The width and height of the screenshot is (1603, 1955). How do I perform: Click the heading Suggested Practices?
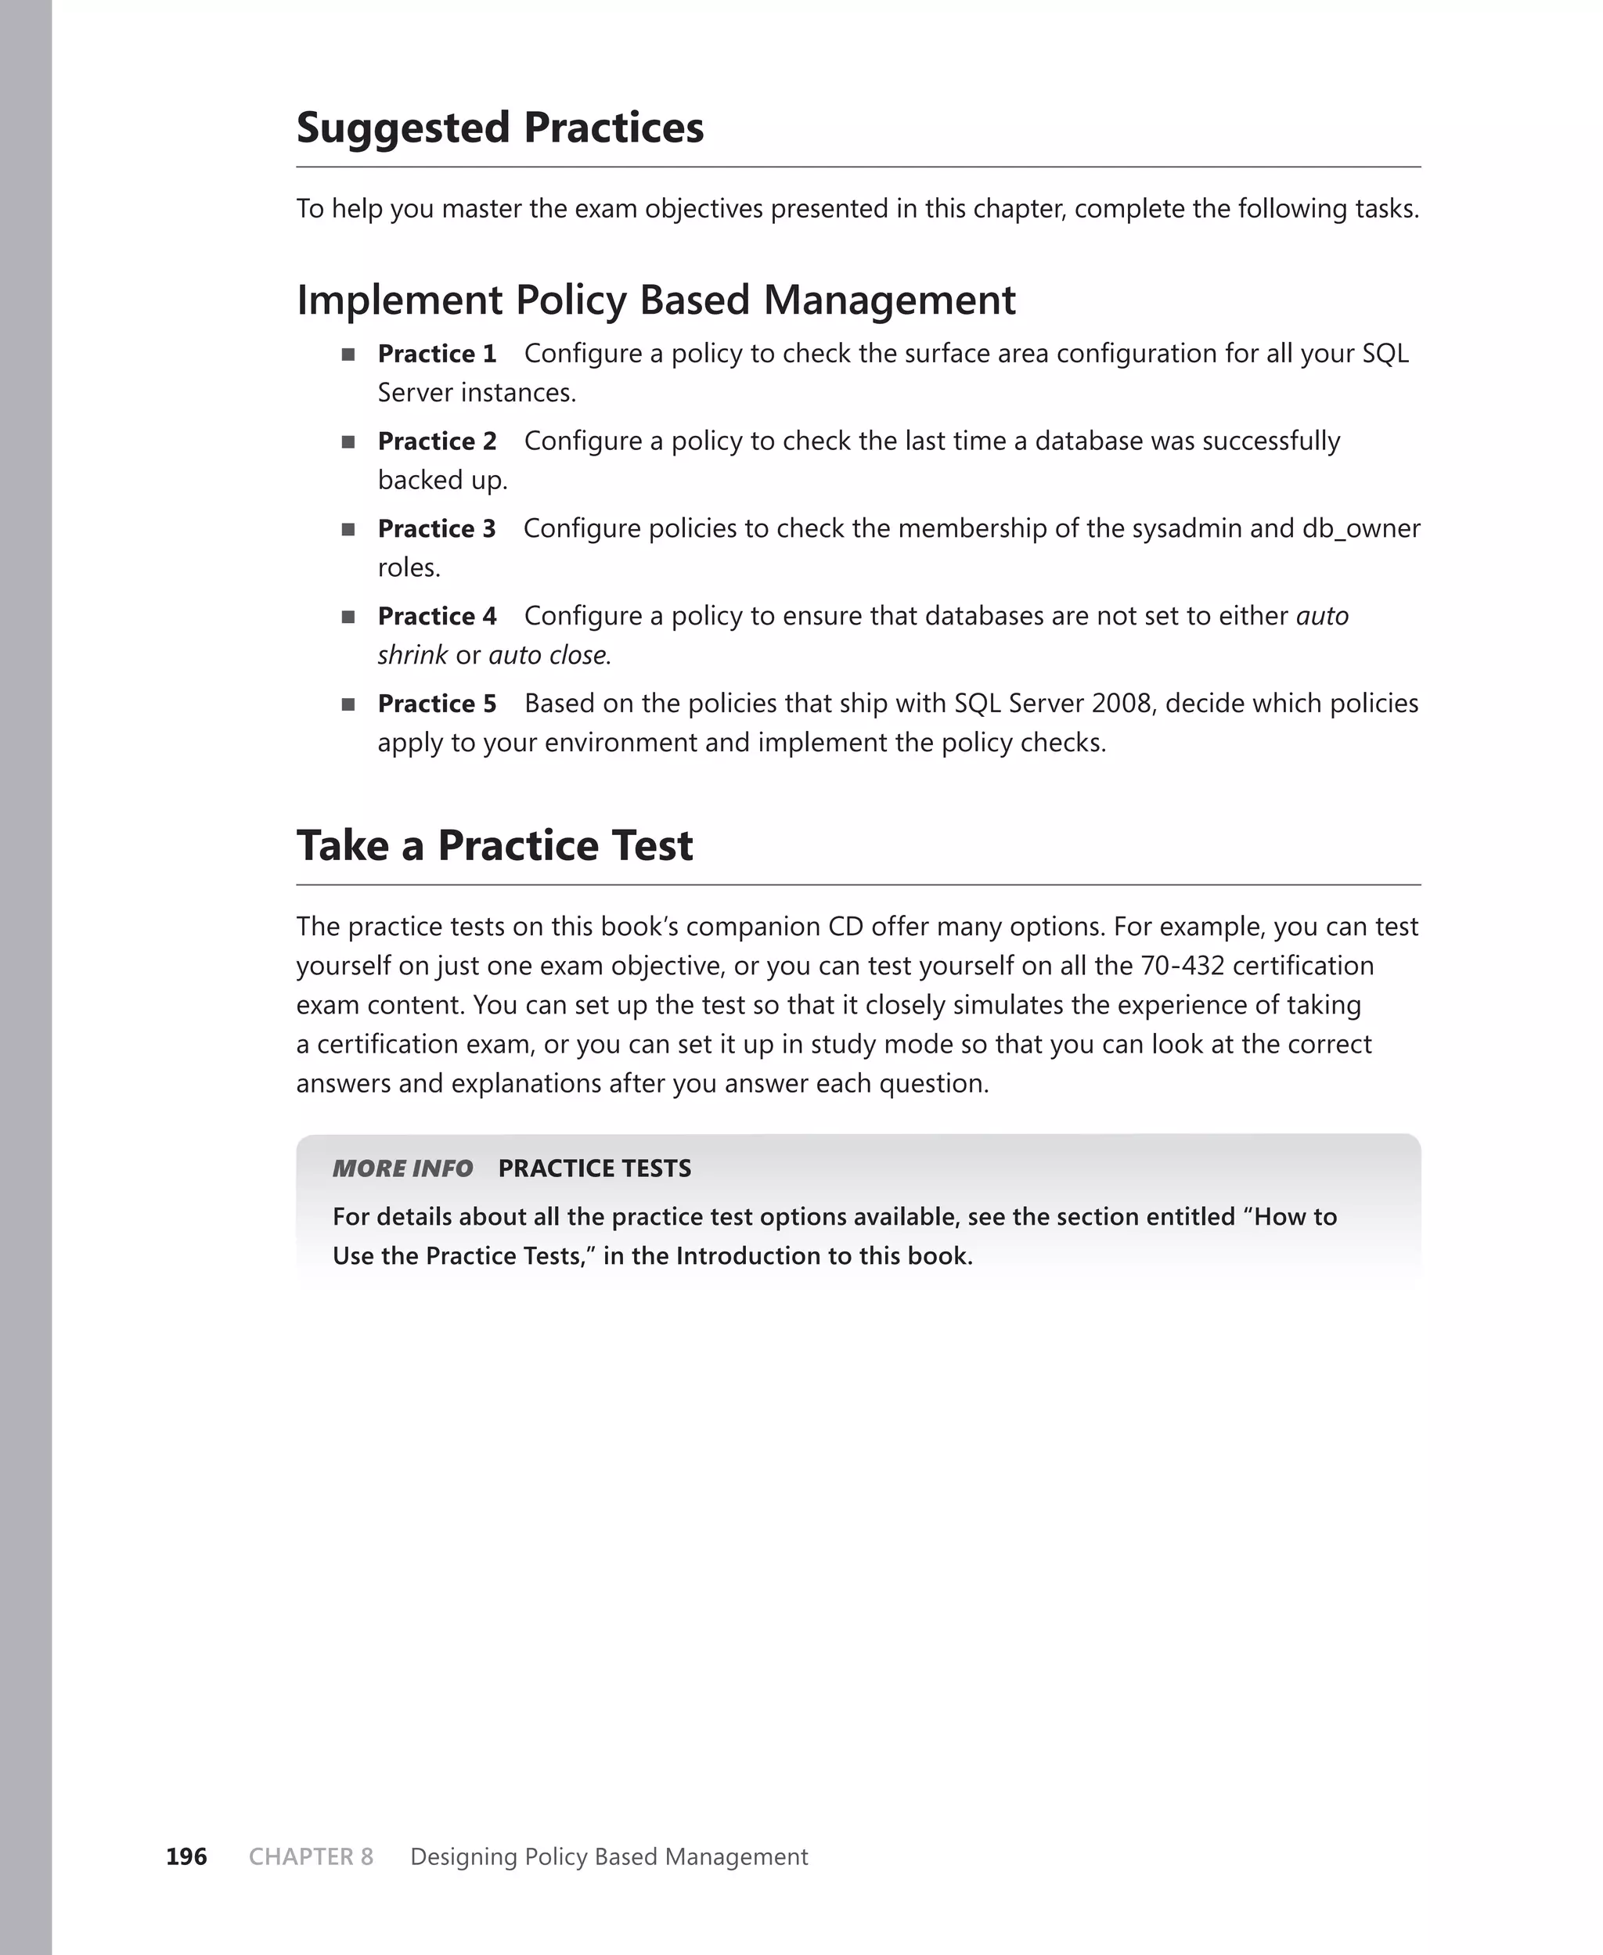coord(499,128)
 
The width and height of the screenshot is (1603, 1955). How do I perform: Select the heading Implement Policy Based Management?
coord(656,301)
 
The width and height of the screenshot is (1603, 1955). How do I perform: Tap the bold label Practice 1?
coord(437,354)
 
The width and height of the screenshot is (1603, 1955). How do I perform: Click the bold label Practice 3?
coord(437,529)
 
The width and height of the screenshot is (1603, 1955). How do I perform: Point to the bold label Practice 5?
coord(437,704)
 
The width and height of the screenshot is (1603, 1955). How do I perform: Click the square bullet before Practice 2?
coord(348,442)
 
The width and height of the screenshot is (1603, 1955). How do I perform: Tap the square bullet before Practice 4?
coord(348,617)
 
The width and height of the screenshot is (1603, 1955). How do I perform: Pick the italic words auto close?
coord(549,655)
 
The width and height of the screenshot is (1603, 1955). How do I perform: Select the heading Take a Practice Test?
coord(494,845)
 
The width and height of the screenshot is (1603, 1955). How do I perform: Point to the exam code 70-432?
coord(1182,967)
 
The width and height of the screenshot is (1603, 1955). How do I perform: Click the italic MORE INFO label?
coord(402,1168)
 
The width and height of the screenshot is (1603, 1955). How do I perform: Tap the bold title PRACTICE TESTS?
coord(594,1168)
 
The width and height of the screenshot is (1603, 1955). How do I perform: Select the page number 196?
coord(186,1856)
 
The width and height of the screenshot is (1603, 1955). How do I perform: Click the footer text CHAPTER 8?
coord(312,1856)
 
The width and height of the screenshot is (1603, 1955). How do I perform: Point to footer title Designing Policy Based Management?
coord(608,1856)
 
